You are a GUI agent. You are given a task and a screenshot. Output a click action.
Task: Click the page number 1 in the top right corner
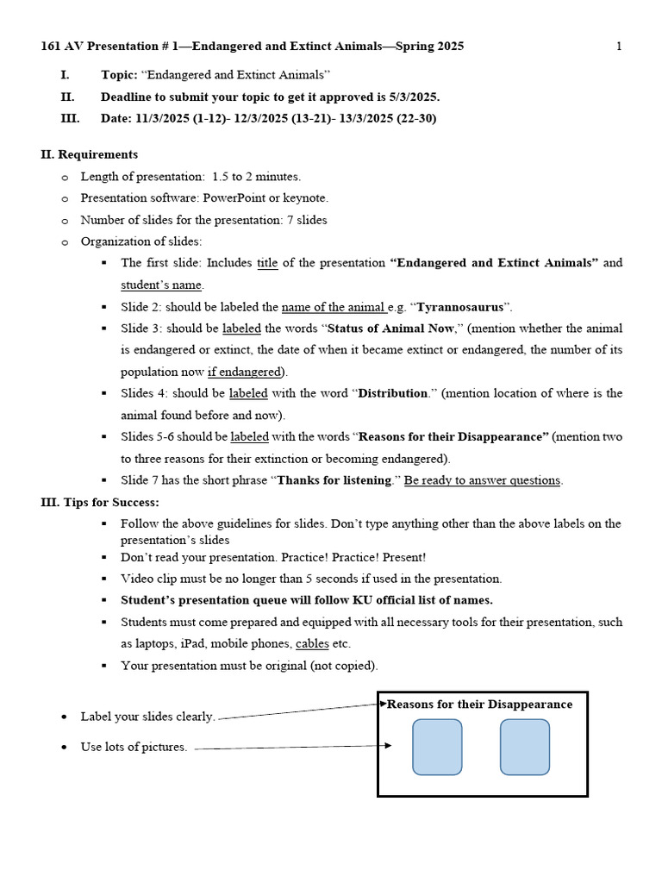(x=619, y=47)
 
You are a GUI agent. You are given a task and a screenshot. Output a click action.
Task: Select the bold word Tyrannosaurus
(x=459, y=307)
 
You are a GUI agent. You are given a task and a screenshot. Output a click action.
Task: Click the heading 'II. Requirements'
(x=89, y=154)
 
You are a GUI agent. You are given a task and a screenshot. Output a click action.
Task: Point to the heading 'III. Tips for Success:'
(x=100, y=502)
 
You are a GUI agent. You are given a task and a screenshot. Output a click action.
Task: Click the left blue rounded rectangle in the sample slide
(x=437, y=747)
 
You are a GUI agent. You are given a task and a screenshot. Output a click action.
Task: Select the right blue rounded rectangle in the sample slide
(x=524, y=747)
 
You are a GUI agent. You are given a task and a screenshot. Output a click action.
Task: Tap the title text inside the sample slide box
(x=479, y=705)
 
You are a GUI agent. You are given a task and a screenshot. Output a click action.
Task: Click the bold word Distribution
(x=393, y=393)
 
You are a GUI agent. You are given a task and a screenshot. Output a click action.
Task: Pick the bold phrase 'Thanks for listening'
(x=334, y=480)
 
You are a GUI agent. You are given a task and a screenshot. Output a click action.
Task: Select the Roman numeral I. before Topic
(x=65, y=75)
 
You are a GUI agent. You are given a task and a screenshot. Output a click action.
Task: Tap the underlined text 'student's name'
(x=161, y=285)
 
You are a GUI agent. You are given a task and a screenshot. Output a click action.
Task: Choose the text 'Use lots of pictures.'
(x=134, y=747)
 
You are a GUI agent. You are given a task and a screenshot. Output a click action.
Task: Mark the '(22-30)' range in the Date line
(x=415, y=118)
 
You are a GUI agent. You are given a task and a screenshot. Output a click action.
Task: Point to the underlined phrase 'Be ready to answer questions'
(x=483, y=480)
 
